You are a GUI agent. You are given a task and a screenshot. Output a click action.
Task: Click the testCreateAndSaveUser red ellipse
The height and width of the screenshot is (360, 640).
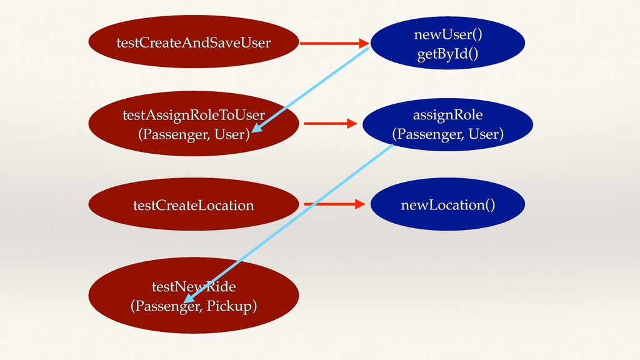pos(194,42)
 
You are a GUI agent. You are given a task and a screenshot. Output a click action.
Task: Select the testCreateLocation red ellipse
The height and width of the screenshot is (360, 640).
pos(194,204)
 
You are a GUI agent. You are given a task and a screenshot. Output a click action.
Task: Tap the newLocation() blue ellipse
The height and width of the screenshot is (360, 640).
pos(447,204)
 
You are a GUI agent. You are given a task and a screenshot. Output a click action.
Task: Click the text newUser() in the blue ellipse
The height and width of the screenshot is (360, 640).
pos(447,34)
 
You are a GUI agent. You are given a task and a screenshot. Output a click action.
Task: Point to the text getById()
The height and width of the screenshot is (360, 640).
pos(447,54)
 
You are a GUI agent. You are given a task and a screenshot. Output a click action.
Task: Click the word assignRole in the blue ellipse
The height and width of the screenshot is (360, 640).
pos(447,115)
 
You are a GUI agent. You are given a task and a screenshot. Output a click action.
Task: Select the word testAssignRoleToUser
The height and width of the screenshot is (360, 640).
pos(194,115)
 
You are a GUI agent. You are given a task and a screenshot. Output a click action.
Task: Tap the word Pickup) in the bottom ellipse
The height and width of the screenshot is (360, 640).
pos(231,306)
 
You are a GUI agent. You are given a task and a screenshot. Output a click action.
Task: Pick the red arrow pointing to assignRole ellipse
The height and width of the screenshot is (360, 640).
pos(331,123)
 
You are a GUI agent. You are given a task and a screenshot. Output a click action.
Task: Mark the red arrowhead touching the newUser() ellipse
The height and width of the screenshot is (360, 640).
pos(364,43)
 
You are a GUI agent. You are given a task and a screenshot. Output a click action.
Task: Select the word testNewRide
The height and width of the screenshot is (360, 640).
pos(194,286)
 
